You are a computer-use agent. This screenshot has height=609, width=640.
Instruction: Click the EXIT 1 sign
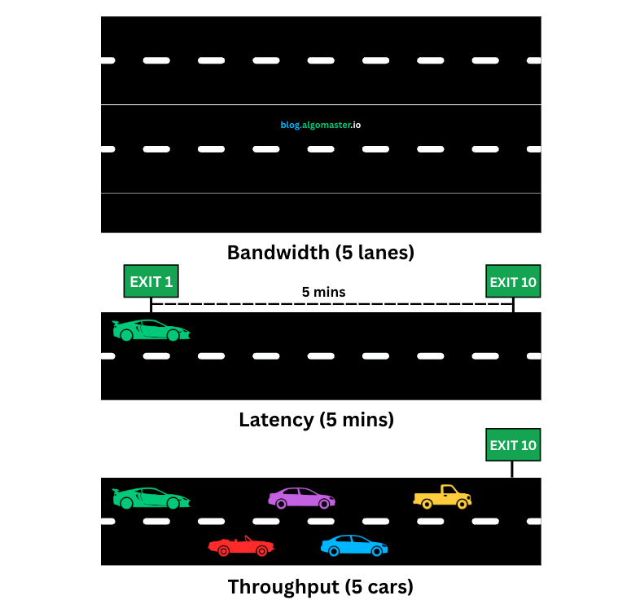(x=151, y=282)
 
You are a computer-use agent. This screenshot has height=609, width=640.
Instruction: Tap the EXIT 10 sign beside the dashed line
(x=513, y=282)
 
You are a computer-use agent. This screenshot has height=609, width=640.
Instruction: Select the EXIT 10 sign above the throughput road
(x=513, y=445)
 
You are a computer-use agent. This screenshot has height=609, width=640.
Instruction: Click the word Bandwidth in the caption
(x=278, y=253)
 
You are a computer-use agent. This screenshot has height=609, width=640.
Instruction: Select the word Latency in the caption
(x=276, y=420)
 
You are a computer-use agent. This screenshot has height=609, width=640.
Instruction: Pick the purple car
(x=300, y=497)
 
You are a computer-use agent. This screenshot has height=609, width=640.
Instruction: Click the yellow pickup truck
(x=442, y=496)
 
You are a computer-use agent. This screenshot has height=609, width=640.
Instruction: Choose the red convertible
(x=240, y=546)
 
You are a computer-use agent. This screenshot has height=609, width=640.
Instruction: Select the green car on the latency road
(x=151, y=330)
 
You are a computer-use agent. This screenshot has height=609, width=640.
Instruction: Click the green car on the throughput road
(x=151, y=497)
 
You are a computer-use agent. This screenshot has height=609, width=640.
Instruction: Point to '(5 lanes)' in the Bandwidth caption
(x=375, y=253)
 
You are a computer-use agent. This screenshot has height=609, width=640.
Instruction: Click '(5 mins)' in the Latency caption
(x=357, y=420)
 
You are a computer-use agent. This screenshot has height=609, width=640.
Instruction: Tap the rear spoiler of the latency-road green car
(x=118, y=324)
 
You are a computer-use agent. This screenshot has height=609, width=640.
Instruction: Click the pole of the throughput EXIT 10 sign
(x=512, y=469)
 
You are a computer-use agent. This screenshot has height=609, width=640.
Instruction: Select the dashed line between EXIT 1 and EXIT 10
(x=331, y=304)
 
